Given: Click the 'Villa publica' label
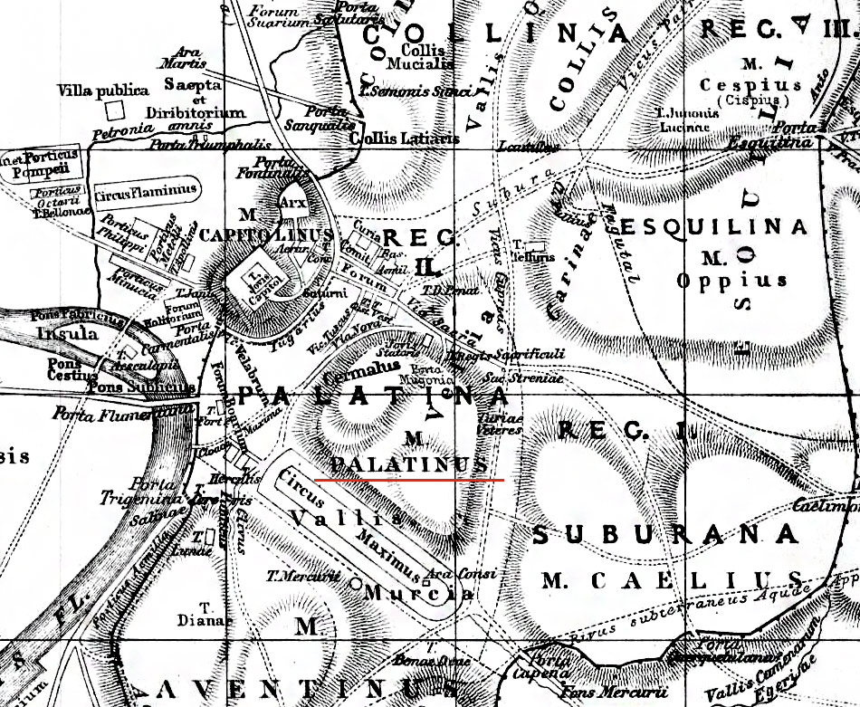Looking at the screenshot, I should coord(102,91).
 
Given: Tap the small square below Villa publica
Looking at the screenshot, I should coord(114,110).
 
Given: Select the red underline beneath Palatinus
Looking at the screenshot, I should coord(408,480).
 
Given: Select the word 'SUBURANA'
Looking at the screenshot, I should coord(665,535).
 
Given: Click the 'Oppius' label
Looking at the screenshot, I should coord(731,279).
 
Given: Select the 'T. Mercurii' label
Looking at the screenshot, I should coord(295,576).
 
